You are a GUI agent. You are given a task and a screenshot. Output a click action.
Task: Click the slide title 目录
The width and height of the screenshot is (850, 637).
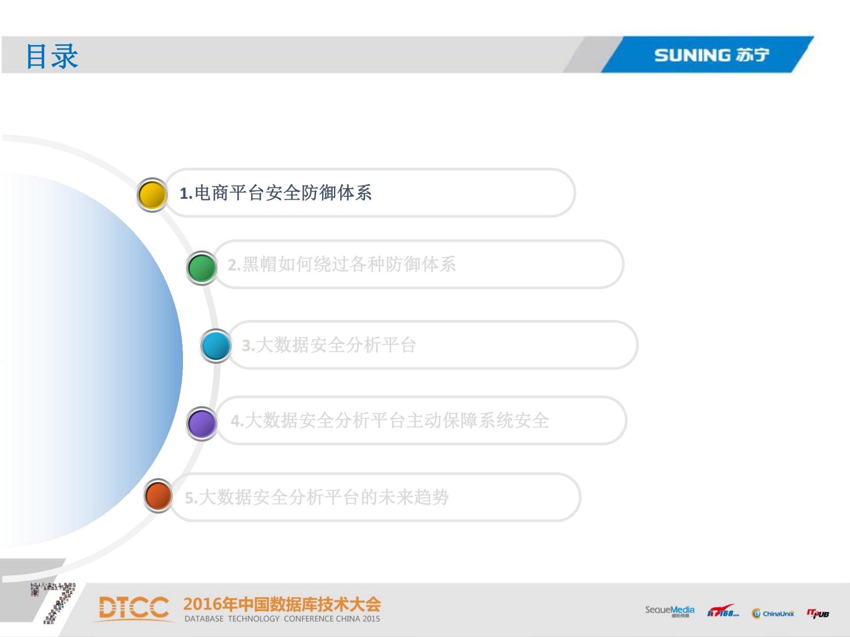point(52,56)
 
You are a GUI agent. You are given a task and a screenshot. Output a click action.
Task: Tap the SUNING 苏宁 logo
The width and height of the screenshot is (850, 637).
point(711,55)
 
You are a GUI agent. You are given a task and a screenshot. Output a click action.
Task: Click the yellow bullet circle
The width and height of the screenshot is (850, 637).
point(152,195)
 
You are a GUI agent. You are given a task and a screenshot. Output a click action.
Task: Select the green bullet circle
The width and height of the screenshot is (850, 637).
point(202,268)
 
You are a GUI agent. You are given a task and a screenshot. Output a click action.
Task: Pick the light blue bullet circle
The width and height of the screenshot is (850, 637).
point(216,346)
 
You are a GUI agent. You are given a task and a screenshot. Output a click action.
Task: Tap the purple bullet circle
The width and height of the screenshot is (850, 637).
point(202,424)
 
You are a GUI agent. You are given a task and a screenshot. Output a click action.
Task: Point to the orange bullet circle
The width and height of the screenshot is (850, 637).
point(158,496)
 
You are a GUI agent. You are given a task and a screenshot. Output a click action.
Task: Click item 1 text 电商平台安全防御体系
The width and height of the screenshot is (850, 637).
point(276,193)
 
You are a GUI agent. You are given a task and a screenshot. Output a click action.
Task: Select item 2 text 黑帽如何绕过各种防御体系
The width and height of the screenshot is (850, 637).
point(342,264)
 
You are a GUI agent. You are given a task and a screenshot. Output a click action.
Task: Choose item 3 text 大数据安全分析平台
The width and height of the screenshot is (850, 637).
point(329,345)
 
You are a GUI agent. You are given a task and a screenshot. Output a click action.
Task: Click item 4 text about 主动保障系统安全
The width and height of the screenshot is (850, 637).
point(390,421)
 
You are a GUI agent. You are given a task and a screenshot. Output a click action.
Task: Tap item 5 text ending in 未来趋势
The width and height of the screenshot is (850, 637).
point(317,497)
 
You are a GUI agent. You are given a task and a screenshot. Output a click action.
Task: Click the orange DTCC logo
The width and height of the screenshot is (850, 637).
point(133,607)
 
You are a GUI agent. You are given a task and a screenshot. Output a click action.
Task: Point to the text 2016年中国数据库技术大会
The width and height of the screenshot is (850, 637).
point(282,604)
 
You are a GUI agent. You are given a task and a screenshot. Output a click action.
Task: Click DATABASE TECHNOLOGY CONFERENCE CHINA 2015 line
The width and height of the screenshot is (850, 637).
point(282,619)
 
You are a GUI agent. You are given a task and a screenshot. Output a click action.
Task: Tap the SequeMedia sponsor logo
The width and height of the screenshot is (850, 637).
point(669,611)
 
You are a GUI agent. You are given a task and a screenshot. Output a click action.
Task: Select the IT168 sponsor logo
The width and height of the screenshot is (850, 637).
point(722,611)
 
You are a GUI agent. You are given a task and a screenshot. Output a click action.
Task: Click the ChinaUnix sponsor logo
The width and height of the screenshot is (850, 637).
point(773,613)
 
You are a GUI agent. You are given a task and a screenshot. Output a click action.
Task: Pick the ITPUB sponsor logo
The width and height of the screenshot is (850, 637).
point(818,613)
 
